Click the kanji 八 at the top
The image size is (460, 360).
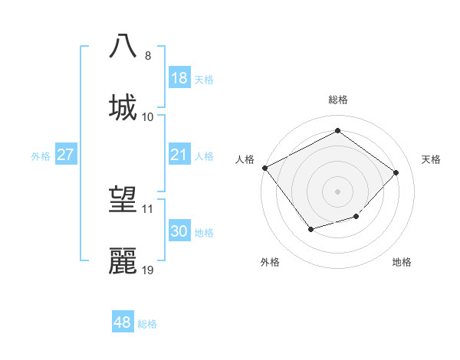coord(124,46)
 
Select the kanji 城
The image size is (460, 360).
coord(124,106)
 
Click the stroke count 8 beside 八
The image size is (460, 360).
coord(148,55)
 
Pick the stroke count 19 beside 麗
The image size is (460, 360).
coord(148,270)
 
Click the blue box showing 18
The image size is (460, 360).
coord(179,78)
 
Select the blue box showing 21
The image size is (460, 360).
coord(179,155)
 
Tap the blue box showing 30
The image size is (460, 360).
coord(179,231)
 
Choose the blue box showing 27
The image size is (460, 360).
coord(66,155)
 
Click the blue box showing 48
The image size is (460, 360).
coord(123,322)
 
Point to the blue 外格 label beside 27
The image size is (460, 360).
coord(41,155)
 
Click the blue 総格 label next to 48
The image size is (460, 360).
coord(147,324)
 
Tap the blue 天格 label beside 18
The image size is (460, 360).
coord(204,79)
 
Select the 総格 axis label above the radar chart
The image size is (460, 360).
coord(338,100)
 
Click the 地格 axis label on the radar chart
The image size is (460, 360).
coord(402,262)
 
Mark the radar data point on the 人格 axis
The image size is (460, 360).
coord(264,168)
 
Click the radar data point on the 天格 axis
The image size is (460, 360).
coord(396,172)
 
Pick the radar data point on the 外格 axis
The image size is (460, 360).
coord(310,228)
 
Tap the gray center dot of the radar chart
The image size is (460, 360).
coord(337,191)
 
